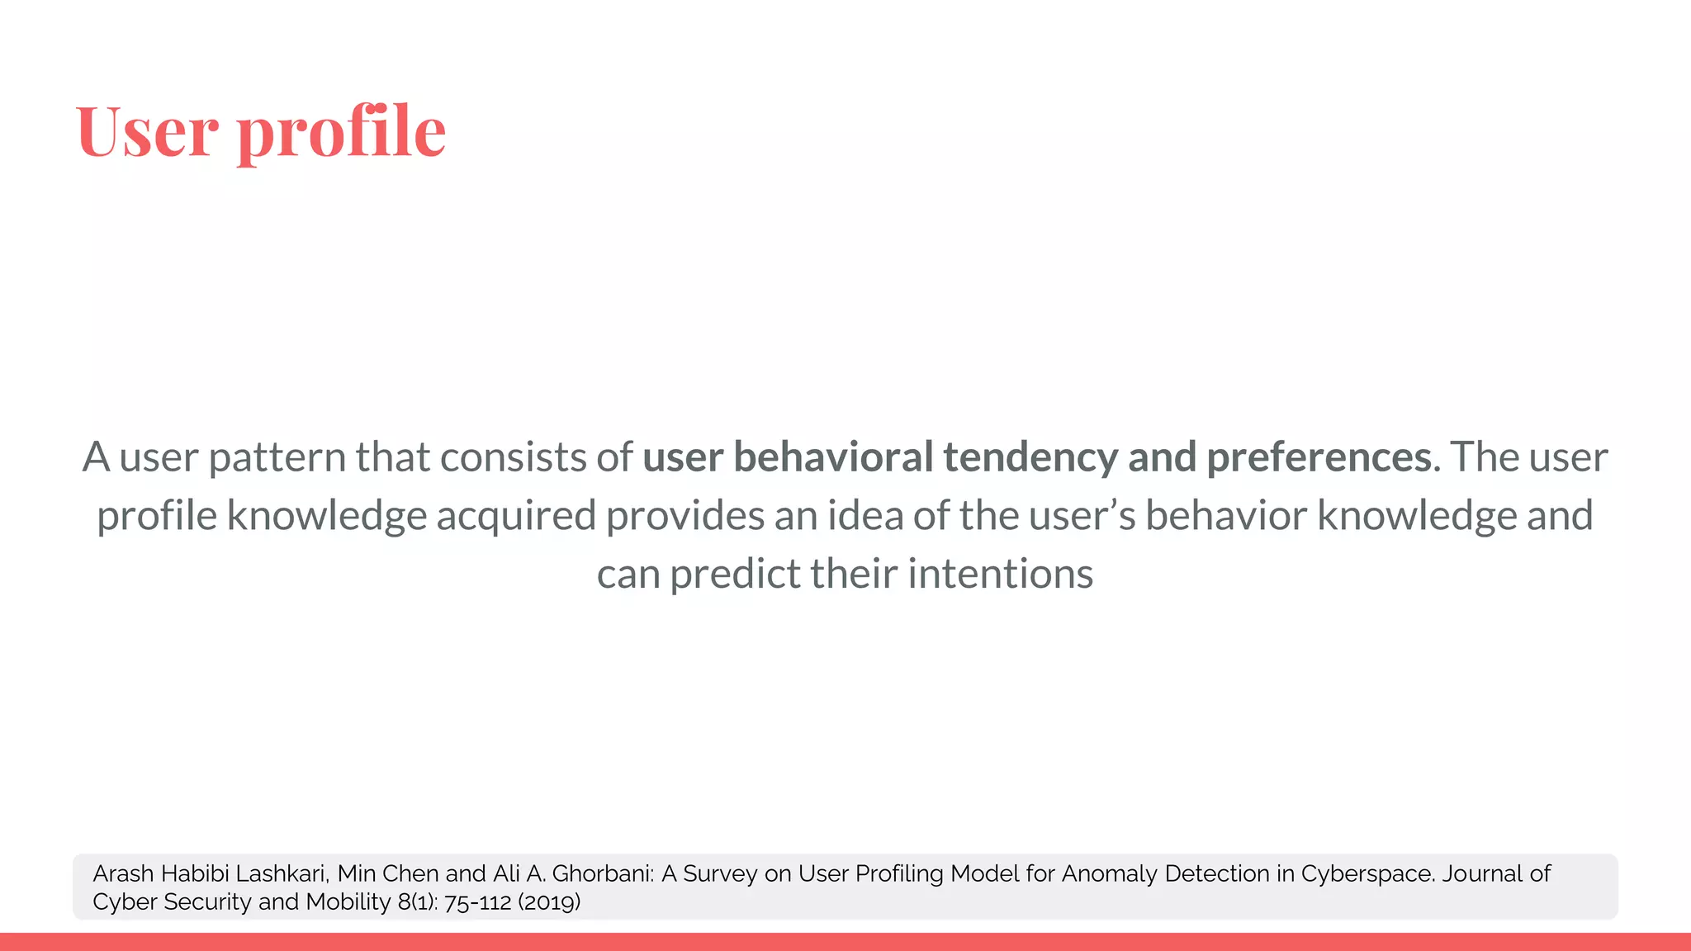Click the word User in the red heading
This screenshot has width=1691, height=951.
pyautogui.click(x=148, y=131)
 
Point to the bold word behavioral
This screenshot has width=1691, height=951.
pyautogui.click(x=833, y=457)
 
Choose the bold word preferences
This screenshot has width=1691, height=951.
pyautogui.click(x=1323, y=457)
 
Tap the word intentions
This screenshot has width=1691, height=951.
pyautogui.click(x=1000, y=575)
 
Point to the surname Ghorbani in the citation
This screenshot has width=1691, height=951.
pyautogui.click(x=603, y=873)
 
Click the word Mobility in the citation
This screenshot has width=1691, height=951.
pyautogui.click(x=348, y=901)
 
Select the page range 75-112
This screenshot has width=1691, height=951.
pyautogui.click(x=478, y=902)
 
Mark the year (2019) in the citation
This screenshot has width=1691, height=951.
pyautogui.click(x=549, y=902)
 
